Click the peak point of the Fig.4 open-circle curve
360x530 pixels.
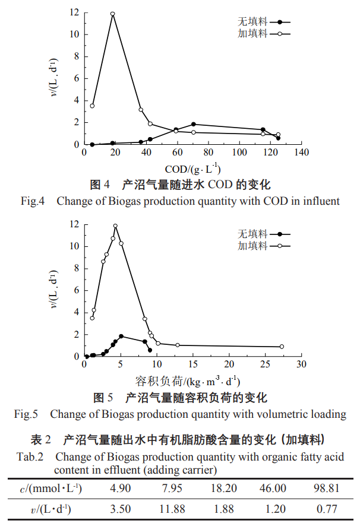pyautogui.click(x=112, y=14)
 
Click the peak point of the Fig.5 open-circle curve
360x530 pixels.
pyautogui.click(x=115, y=226)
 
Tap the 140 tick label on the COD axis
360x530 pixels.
pyautogui.click(x=301, y=153)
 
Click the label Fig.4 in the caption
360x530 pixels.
pyautogui.click(x=33, y=201)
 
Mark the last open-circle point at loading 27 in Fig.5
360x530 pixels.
pyautogui.click(x=282, y=347)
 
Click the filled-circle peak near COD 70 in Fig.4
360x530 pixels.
pyautogui.click(x=194, y=125)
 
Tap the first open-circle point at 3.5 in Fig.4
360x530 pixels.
pyautogui.click(x=92, y=106)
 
